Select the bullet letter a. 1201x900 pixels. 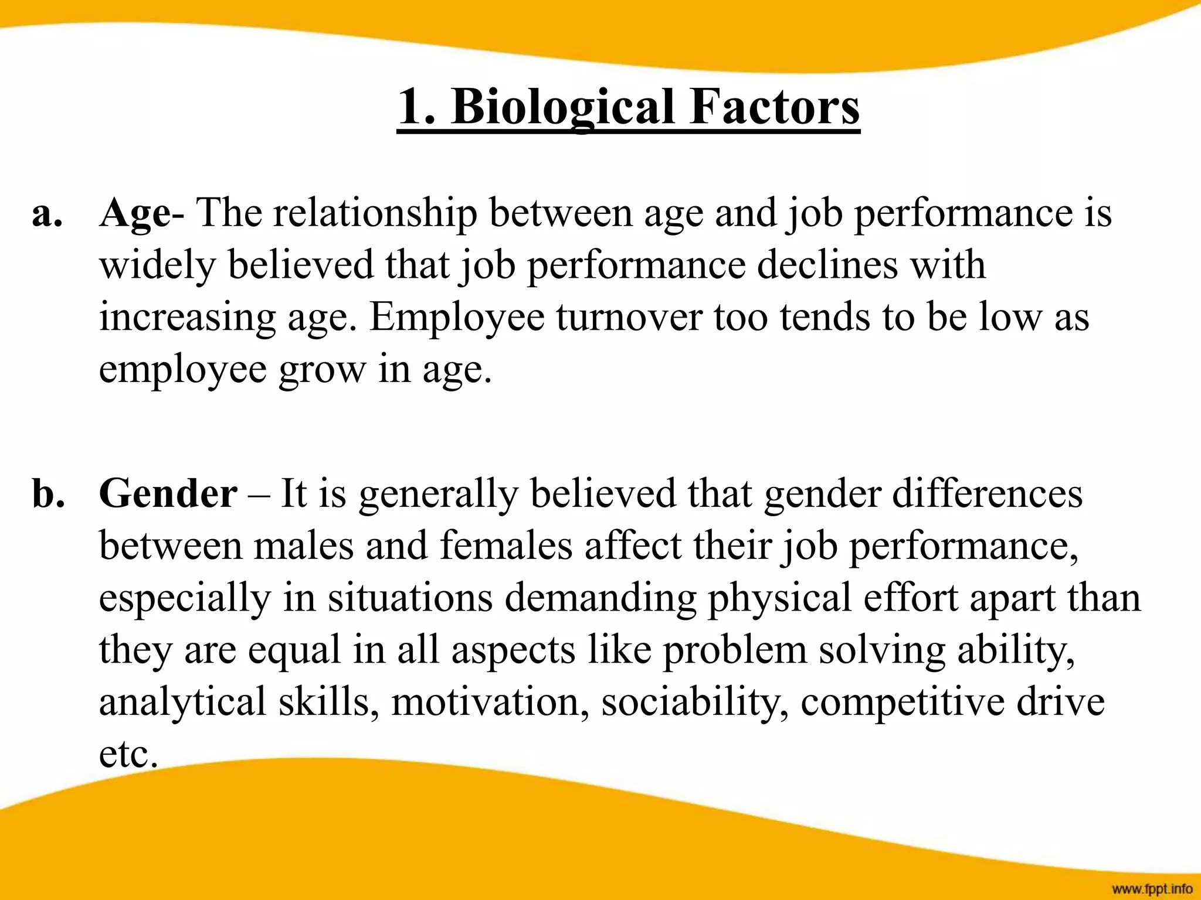coord(47,213)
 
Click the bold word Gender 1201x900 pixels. coord(168,493)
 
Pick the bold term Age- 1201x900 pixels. coord(141,213)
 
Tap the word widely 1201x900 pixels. coord(157,265)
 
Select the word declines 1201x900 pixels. coord(827,265)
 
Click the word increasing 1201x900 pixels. coord(187,317)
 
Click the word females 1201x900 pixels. coord(505,546)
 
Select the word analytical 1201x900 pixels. coord(182,702)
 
